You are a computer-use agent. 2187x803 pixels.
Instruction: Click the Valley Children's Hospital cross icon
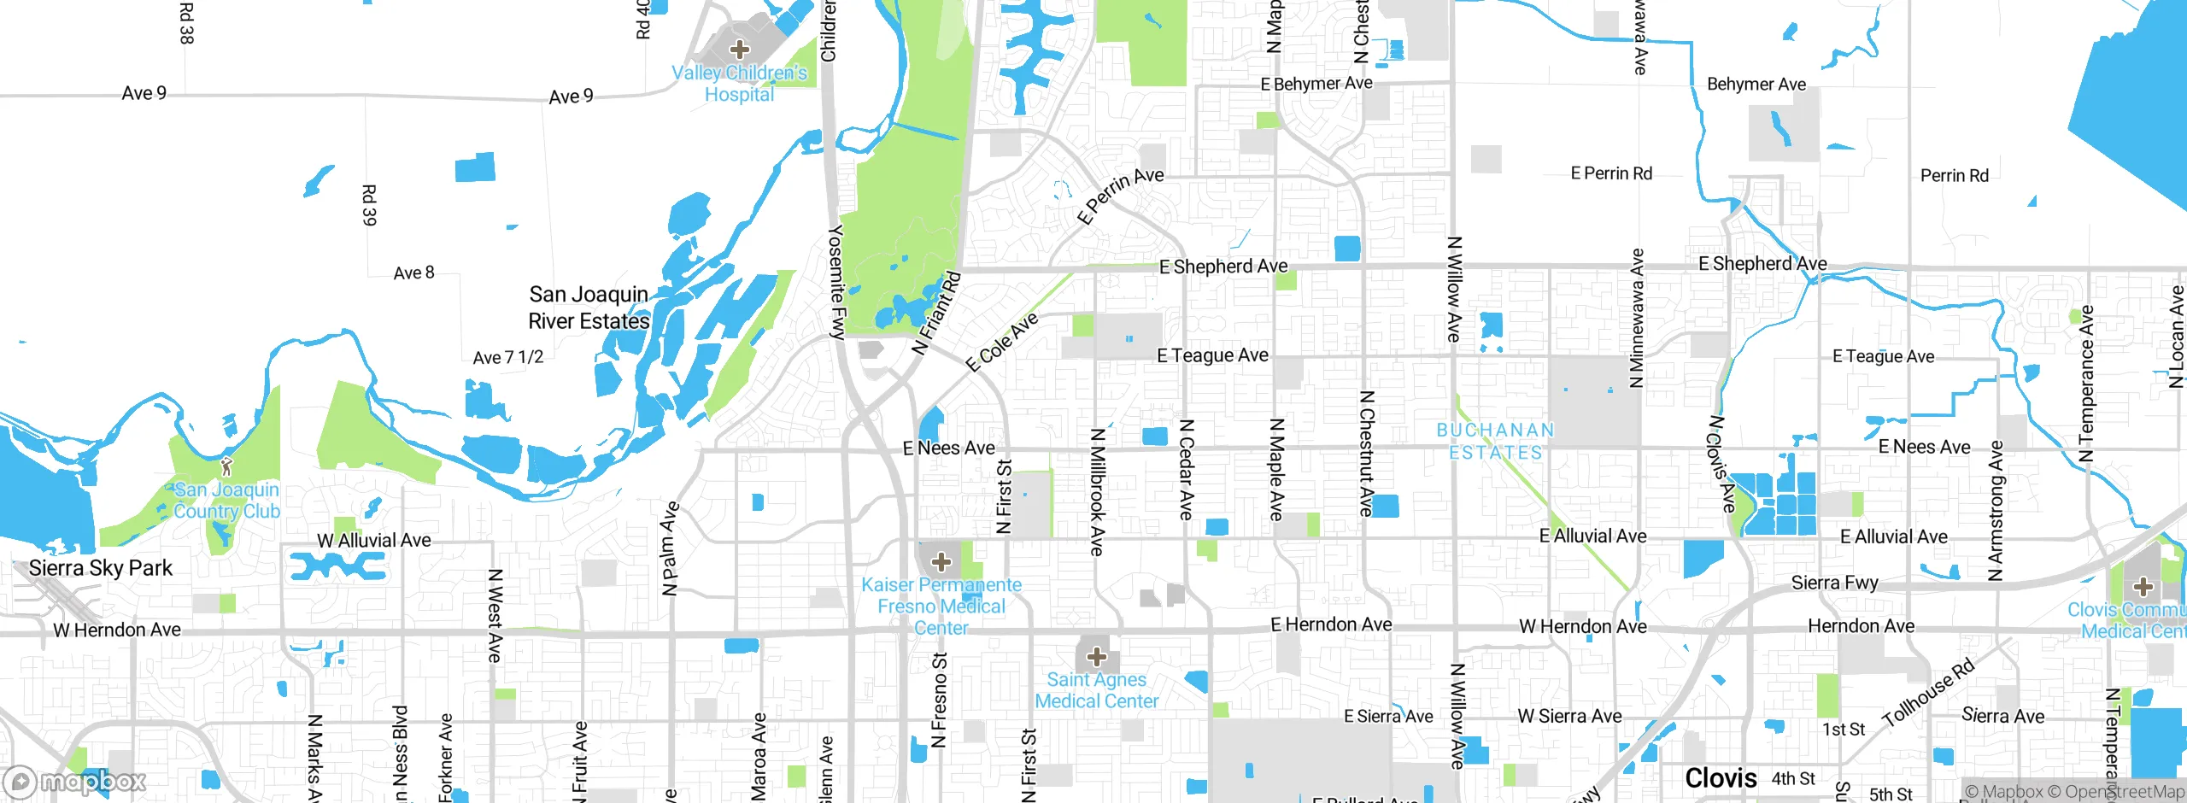pyautogui.click(x=740, y=49)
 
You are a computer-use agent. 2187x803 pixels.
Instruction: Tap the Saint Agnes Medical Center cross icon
pyautogui.click(x=1097, y=657)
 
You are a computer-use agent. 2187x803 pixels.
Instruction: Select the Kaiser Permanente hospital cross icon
pyautogui.click(x=941, y=561)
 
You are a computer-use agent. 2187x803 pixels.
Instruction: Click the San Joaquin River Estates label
pyautogui.click(x=589, y=308)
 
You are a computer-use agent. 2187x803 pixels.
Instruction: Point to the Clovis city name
pyautogui.click(x=1721, y=778)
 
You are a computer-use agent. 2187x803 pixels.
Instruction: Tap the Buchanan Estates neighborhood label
pyautogui.click(x=1495, y=442)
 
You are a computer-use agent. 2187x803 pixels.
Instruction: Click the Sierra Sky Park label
pyautogui.click(x=101, y=568)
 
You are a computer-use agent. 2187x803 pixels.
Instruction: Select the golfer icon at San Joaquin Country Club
pyautogui.click(x=226, y=466)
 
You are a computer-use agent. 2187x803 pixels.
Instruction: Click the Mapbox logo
pyautogui.click(x=75, y=781)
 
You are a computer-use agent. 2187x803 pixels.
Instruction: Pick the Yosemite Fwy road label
pyautogui.click(x=837, y=283)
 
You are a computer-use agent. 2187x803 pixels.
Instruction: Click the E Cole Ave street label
pyautogui.click(x=1001, y=342)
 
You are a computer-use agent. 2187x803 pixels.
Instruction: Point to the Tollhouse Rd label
pyautogui.click(x=1928, y=693)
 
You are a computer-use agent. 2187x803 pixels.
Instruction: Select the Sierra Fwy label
pyautogui.click(x=1834, y=583)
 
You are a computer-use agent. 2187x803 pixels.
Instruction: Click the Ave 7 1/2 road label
pyautogui.click(x=507, y=357)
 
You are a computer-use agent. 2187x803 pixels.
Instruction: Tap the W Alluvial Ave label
pyautogui.click(x=373, y=541)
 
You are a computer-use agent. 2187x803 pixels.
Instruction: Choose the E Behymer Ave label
pyautogui.click(x=1316, y=84)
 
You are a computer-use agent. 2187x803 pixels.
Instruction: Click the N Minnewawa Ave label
pyautogui.click(x=1636, y=318)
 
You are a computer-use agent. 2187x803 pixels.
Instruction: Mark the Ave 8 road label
pyautogui.click(x=413, y=273)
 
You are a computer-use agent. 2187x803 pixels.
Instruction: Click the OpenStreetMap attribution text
pyautogui.click(x=2115, y=792)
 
